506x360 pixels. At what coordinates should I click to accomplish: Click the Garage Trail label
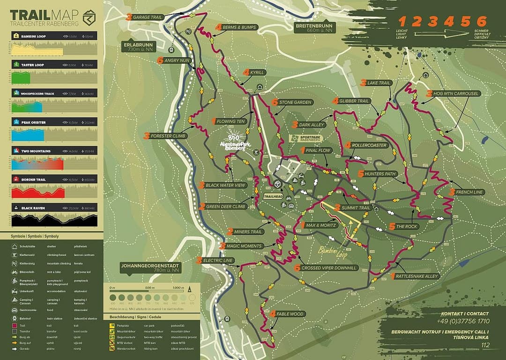147,17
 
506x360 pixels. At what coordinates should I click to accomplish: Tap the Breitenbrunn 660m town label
313,28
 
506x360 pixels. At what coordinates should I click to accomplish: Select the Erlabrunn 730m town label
137,47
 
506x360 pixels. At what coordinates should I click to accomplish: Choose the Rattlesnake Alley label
416,277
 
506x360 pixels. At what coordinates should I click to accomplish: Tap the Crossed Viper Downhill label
329,268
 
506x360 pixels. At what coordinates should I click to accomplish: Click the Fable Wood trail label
290,314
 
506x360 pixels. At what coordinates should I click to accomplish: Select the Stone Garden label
295,102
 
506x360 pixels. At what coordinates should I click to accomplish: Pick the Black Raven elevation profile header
54,207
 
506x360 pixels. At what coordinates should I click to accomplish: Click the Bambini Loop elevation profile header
54,36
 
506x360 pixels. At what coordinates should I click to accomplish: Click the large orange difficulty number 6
481,21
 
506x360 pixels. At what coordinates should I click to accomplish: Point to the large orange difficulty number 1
402,21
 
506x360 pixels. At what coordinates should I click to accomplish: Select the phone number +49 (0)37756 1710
464,321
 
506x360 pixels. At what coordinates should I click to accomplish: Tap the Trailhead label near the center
273,197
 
